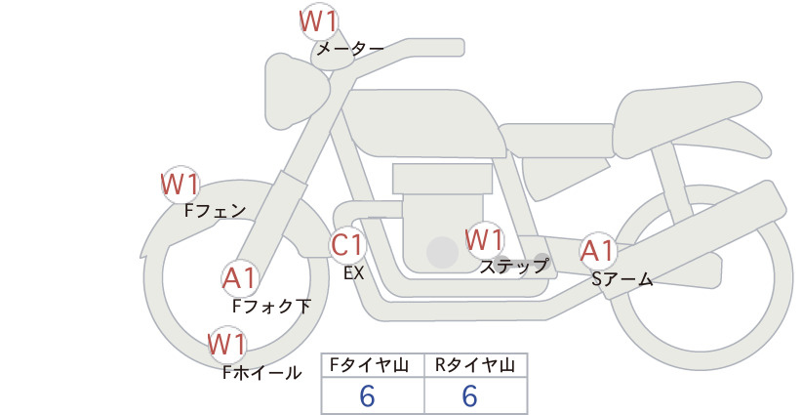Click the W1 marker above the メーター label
[x=318, y=22]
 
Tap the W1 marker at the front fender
[x=180, y=185]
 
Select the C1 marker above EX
[x=347, y=244]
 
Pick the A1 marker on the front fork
[x=239, y=278]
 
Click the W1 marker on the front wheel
[x=227, y=344]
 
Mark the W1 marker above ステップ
[x=484, y=239]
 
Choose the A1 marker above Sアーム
[x=597, y=251]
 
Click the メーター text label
[x=350, y=49]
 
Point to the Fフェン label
[x=215, y=211]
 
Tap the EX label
[x=353, y=273]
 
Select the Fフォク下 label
[x=271, y=307]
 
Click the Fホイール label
[x=261, y=373]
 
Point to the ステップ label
[x=513, y=267]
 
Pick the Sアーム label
[x=622, y=279]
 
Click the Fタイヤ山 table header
[x=369, y=365]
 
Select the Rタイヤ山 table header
[x=475, y=365]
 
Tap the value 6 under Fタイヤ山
[x=367, y=396]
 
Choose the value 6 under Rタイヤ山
[x=469, y=396]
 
